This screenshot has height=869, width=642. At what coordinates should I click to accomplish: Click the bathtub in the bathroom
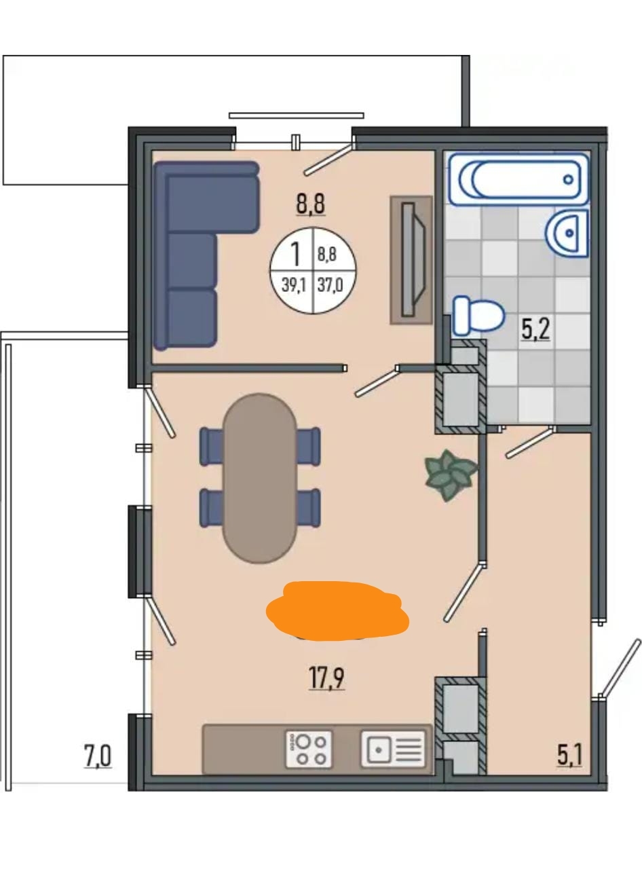coord(518,179)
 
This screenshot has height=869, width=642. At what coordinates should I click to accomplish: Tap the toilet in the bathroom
coord(478,316)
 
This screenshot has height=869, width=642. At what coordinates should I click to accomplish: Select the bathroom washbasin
coord(567,234)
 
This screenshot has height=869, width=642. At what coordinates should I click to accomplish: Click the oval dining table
coord(259,478)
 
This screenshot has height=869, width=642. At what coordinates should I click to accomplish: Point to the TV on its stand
coord(411,260)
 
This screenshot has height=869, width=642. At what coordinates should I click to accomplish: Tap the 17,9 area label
coord(326,678)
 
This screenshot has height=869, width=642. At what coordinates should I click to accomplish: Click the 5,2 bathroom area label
coord(535,329)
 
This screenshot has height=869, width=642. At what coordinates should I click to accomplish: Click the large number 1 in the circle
coord(296,254)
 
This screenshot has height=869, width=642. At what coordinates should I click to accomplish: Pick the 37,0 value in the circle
coord(330,285)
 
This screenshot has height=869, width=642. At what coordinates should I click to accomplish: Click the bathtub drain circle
coord(568,179)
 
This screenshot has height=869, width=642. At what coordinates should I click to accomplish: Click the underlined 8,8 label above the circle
coord(311,204)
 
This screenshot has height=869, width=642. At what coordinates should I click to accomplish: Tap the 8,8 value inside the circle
coord(326,255)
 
